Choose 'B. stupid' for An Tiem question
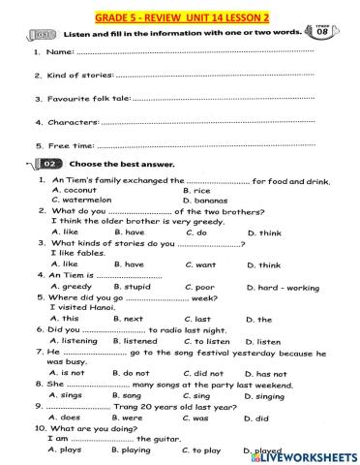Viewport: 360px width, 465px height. click(x=132, y=287)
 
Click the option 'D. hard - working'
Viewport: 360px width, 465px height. click(x=282, y=288)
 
